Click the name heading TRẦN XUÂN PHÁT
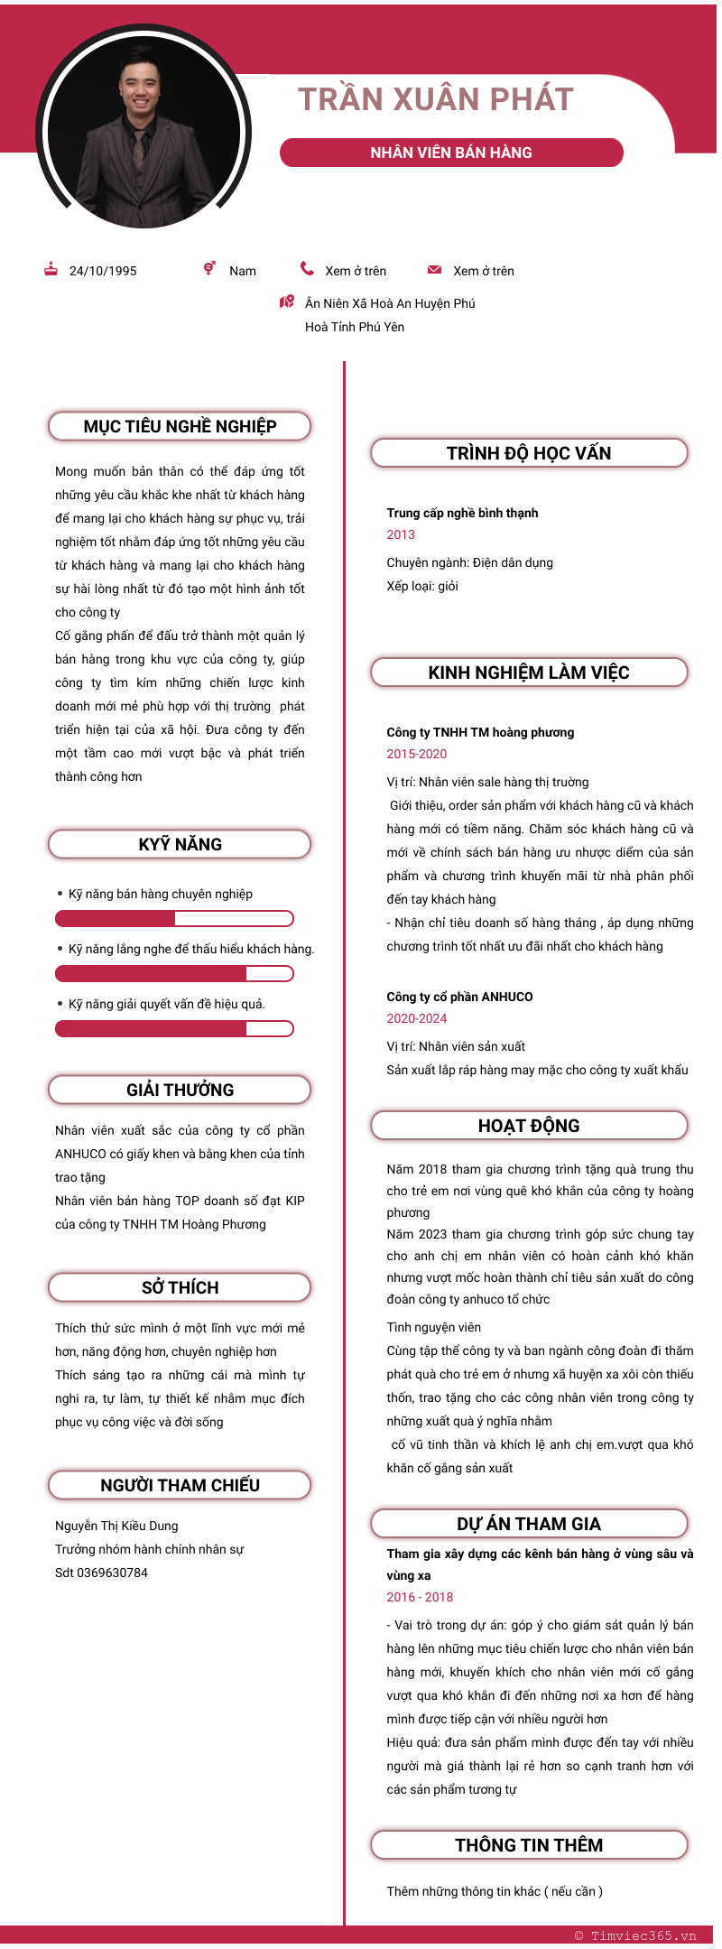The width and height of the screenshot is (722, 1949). (436, 99)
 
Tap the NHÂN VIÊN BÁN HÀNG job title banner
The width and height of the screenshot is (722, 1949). (451, 153)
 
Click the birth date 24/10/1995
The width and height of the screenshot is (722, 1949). (103, 271)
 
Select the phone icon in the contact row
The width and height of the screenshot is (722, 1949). (308, 268)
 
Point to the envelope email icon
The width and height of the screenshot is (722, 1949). (434, 269)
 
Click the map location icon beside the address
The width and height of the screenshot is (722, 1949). (287, 302)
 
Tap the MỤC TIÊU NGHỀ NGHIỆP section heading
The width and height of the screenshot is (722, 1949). (180, 426)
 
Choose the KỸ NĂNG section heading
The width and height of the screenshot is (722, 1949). (180, 844)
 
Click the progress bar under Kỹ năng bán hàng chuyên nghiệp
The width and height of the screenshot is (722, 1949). (174, 919)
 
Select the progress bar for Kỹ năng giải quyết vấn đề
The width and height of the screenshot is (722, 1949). (174, 1029)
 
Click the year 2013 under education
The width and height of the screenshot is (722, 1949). (401, 534)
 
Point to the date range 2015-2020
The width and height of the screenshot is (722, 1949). (417, 754)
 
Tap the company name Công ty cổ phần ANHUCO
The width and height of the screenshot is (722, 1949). (459, 997)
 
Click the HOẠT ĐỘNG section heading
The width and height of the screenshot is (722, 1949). (529, 1126)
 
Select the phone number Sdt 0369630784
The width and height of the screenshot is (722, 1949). (101, 1573)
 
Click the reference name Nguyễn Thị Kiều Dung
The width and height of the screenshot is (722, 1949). (116, 1526)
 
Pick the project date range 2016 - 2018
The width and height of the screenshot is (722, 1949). (420, 1597)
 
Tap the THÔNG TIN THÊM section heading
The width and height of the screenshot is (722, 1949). (529, 1845)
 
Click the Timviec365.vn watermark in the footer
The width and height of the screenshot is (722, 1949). (635, 1935)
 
